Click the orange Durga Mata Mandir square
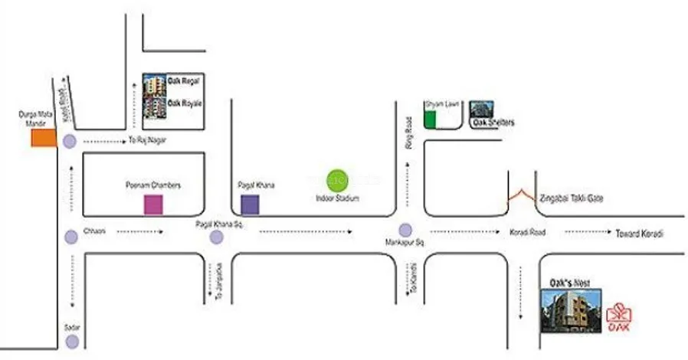[x=42, y=138]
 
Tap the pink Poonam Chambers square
[x=154, y=205]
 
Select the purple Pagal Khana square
[x=250, y=205]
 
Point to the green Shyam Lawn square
[x=430, y=119]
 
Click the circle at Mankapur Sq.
[x=405, y=230]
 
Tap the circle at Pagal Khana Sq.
[x=217, y=237]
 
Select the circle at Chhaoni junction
[x=70, y=236]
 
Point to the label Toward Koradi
[x=639, y=233]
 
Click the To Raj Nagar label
[x=146, y=141]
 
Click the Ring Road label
[x=409, y=133]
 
